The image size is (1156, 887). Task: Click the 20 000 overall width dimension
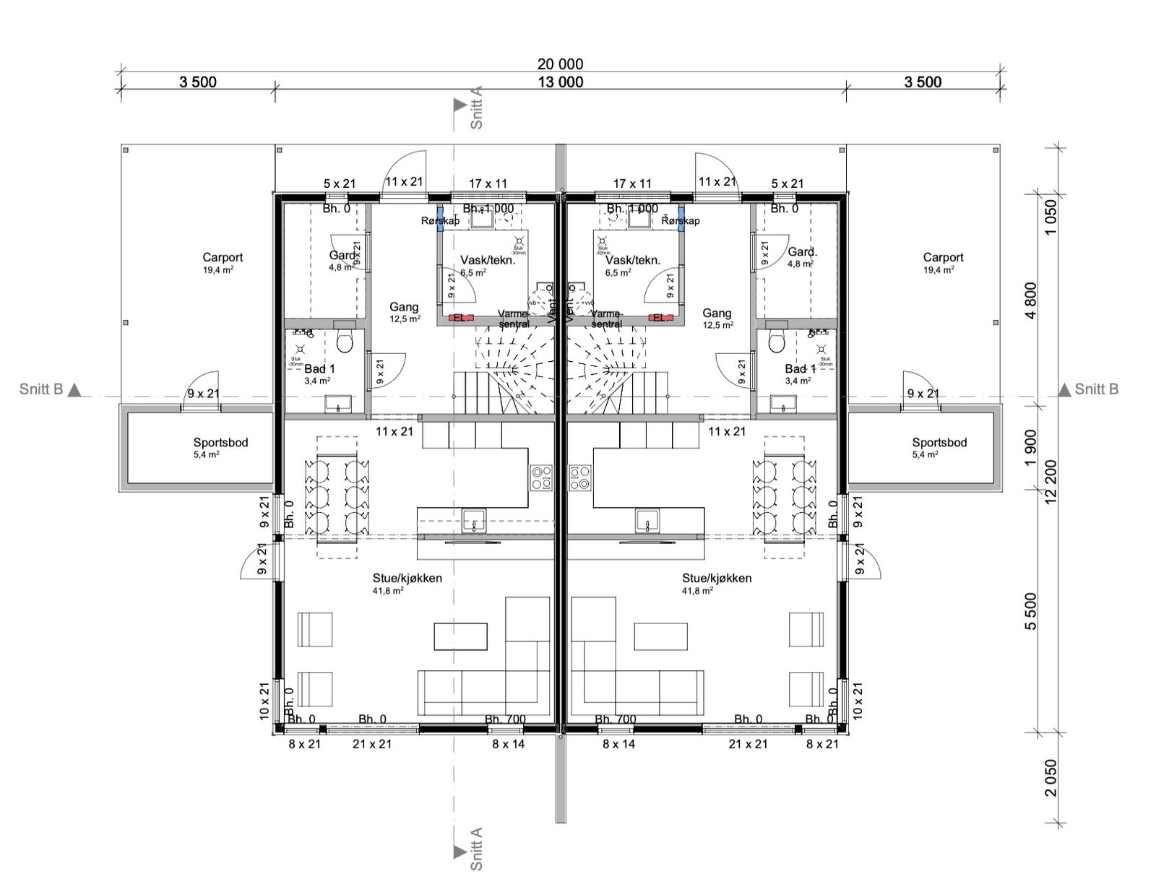pos(560,64)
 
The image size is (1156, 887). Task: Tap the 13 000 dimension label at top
pos(560,82)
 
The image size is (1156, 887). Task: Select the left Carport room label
pos(223,258)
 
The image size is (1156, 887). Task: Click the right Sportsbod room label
pos(939,443)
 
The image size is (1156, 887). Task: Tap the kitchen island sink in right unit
pos(647,519)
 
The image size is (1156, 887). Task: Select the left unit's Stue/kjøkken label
pos(407,578)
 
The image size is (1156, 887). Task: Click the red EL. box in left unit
pos(460,317)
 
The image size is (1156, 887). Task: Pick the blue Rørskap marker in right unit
pos(681,220)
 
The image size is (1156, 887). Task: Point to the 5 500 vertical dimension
pos(1030,611)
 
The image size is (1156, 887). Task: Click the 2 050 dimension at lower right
pos(1051,777)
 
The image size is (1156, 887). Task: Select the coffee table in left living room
pos(461,636)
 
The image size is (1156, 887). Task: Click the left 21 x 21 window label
pos(371,744)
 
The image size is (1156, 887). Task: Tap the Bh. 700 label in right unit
pos(616,719)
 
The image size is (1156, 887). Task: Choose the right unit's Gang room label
pos(717,313)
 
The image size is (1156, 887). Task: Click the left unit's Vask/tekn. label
pos(488,260)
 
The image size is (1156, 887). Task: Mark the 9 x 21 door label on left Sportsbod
pos(203,394)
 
